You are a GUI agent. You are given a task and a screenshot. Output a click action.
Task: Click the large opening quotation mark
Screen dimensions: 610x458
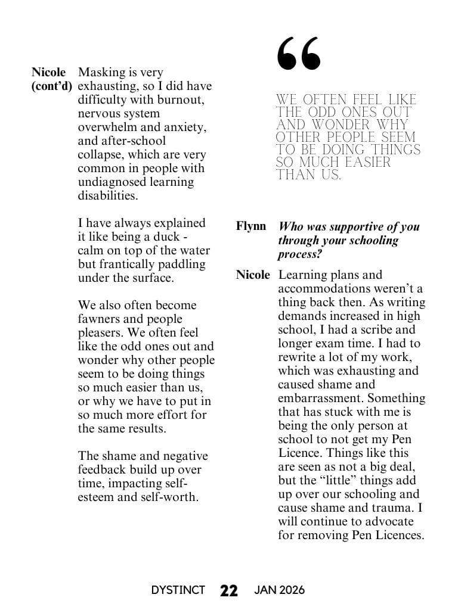pos(299,53)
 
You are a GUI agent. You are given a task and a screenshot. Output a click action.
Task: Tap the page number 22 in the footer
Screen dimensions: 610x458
pos(229,590)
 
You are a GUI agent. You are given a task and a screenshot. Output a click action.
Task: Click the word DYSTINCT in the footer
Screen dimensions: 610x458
pos(178,590)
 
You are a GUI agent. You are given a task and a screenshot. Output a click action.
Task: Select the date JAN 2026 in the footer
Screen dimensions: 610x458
pos(279,590)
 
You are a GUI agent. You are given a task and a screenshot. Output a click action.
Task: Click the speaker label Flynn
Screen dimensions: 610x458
pos(251,226)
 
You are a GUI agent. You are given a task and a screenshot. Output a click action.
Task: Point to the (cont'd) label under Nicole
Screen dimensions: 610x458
pos(51,86)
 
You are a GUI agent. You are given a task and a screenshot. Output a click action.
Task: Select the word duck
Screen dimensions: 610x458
pos(166,236)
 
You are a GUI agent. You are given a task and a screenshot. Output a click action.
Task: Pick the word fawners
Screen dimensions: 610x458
pos(100,319)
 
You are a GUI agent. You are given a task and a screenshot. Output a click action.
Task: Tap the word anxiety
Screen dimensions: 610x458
pos(184,127)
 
